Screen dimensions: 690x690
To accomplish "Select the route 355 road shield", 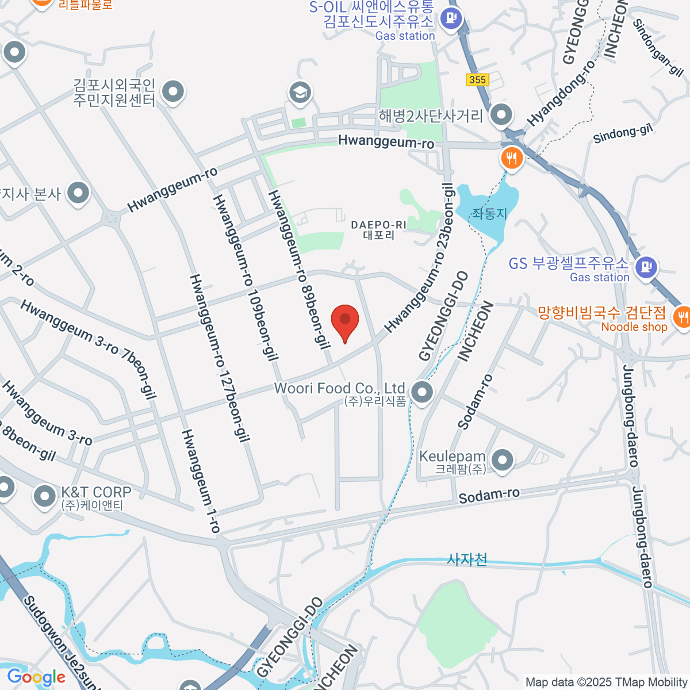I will [x=477, y=79].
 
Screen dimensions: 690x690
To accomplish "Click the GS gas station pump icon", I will [x=646, y=266].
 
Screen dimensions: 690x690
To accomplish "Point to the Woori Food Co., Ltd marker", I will [x=423, y=393].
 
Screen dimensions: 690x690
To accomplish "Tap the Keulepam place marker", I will [x=503, y=460].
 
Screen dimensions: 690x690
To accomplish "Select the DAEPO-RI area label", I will [x=378, y=229].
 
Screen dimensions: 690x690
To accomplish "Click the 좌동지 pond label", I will [x=489, y=214].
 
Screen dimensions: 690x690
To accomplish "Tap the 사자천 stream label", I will [x=467, y=559].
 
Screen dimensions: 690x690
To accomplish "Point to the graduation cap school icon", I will [x=300, y=92].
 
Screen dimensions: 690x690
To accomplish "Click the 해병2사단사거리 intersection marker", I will [x=502, y=114].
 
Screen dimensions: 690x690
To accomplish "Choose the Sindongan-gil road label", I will [x=658, y=47].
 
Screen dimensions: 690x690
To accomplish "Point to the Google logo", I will [x=36, y=677].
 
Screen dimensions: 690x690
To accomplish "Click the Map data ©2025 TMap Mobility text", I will [x=606, y=682].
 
